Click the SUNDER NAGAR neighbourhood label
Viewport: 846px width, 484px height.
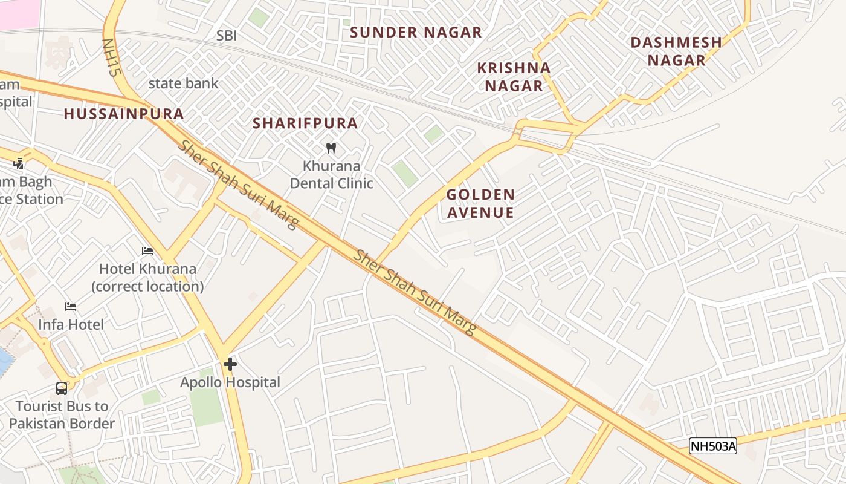(x=416, y=33)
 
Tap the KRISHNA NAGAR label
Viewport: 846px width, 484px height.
(x=514, y=77)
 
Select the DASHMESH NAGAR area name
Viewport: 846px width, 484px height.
(x=676, y=51)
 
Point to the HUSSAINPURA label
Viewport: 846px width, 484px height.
(x=124, y=114)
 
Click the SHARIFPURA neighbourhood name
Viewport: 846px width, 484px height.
(x=305, y=123)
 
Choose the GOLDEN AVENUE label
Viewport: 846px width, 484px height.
(x=480, y=203)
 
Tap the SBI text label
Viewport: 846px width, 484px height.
(x=227, y=36)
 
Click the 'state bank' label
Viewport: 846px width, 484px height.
(x=183, y=83)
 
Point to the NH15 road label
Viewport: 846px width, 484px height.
(x=109, y=57)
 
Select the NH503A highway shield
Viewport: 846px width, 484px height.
(x=713, y=446)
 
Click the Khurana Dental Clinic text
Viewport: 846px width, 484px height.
(x=331, y=174)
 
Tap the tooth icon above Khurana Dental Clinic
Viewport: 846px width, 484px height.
(x=331, y=148)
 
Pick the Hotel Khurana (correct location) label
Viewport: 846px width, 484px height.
(x=147, y=277)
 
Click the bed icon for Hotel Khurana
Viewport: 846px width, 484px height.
(x=147, y=251)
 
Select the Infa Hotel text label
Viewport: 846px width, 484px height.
(x=71, y=324)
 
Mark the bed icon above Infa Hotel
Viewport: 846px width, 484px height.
(x=71, y=307)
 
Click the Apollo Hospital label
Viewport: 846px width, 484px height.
(x=230, y=382)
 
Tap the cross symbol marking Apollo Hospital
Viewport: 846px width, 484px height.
(x=230, y=364)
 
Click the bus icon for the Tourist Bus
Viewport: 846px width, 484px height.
(x=62, y=388)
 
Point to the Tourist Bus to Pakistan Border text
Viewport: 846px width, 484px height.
(x=62, y=414)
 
